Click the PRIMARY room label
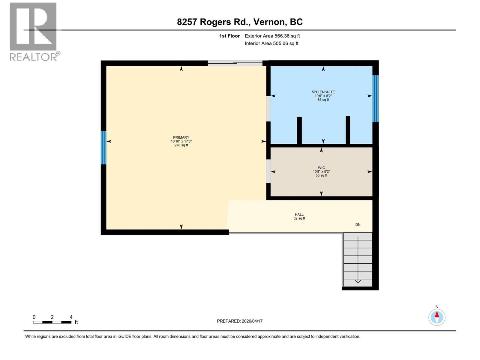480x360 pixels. [181, 137]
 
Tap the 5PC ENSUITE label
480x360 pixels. [323, 92]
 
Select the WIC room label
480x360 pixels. [321, 168]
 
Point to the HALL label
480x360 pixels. [299, 214]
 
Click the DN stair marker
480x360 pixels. [358, 224]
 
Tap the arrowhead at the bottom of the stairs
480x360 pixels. [358, 281]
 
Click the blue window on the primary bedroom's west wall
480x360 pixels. [104, 148]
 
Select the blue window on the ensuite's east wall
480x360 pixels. [375, 98]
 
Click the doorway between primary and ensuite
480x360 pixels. [268, 109]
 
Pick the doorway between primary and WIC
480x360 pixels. [268, 171]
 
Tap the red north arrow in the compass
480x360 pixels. [437, 314]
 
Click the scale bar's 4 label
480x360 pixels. [71, 317]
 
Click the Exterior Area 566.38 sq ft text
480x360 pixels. [272, 36]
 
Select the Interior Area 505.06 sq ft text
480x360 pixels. [271, 43]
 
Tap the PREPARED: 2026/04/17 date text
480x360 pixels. [240, 321]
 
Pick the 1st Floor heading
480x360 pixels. [229, 36]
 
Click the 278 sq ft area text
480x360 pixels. [181, 145]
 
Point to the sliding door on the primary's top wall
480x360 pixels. [235, 63]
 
